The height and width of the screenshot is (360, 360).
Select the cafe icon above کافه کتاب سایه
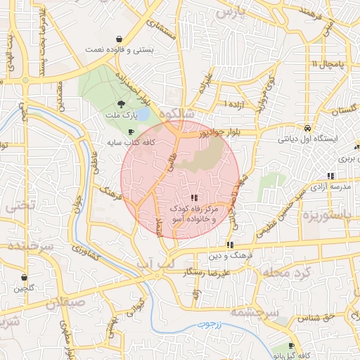(x=131, y=131)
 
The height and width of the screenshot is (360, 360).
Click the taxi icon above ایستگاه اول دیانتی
(x=308, y=128)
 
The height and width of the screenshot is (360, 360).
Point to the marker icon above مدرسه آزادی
(x=330, y=176)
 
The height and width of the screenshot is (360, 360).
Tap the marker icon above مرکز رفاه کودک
(x=195, y=198)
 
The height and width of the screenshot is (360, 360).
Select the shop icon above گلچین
(x=25, y=277)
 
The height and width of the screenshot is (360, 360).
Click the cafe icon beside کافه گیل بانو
(x=292, y=345)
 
